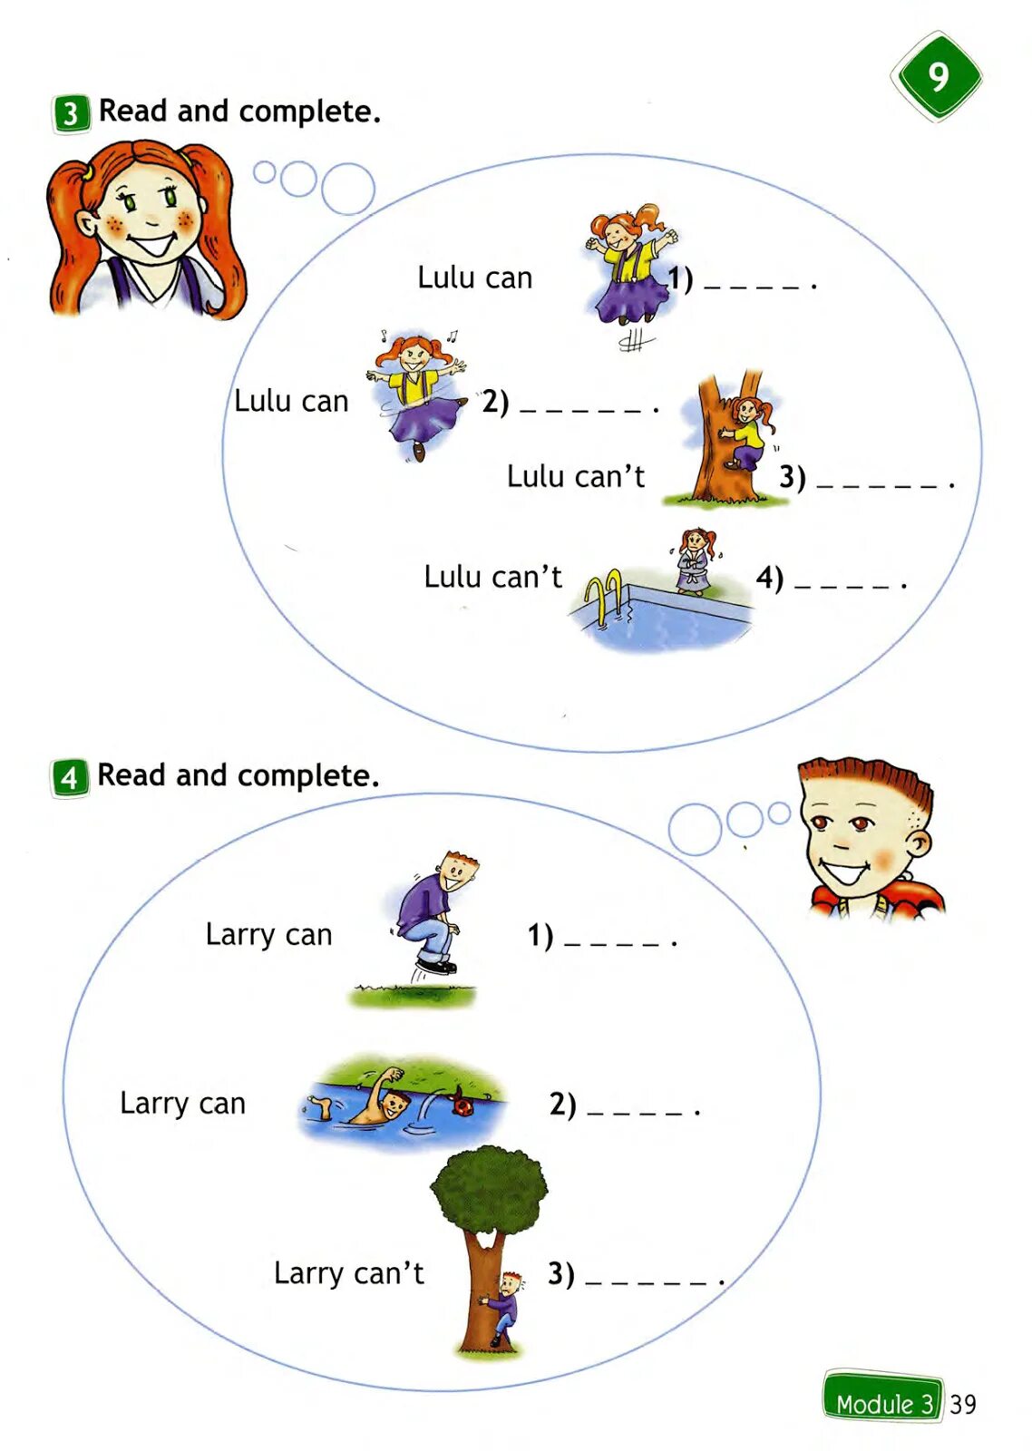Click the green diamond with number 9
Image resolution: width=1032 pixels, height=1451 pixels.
(936, 77)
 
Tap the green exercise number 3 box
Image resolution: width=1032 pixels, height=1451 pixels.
(71, 114)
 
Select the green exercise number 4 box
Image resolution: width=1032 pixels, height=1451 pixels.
(70, 778)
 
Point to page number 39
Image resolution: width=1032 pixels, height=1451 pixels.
(962, 1404)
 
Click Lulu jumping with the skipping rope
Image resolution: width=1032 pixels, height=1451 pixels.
(629, 268)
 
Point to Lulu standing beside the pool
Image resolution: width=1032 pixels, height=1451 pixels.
(695, 561)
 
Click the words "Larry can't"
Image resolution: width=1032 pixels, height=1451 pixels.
(348, 1273)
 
